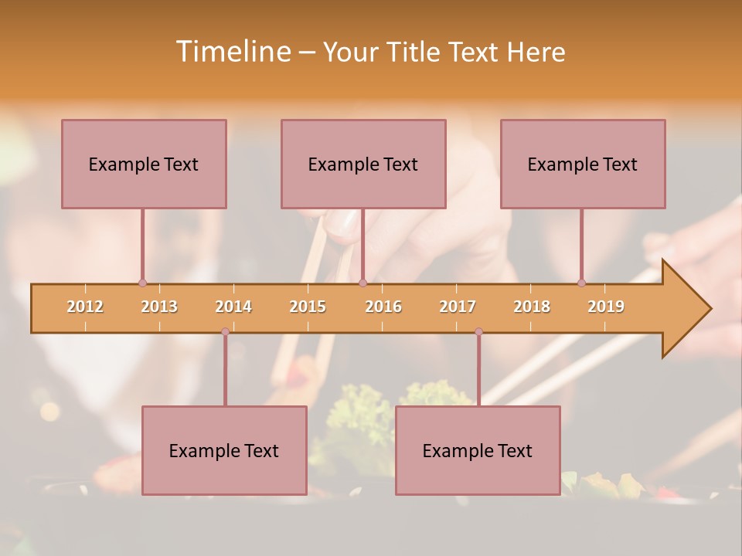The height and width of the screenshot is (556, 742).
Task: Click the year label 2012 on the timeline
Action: tap(85, 307)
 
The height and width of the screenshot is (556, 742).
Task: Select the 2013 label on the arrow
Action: tap(159, 307)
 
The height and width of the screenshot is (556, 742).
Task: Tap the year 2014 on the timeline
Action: tap(233, 307)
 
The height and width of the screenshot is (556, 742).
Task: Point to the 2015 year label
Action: tap(308, 307)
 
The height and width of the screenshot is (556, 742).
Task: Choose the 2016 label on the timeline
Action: tap(383, 307)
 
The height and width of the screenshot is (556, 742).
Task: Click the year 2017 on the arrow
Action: tap(458, 307)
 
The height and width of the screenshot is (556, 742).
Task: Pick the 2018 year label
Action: tap(532, 307)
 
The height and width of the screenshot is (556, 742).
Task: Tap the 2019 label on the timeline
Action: tap(606, 307)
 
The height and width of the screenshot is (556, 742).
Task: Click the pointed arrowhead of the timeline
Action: tap(688, 309)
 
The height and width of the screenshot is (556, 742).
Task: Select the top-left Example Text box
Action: tap(144, 164)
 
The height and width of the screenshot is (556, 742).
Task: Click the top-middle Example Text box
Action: tap(363, 164)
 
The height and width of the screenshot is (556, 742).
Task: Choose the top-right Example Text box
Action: tap(583, 164)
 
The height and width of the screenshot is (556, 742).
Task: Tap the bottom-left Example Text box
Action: tap(224, 450)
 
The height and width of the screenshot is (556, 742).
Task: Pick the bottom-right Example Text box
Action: tap(478, 450)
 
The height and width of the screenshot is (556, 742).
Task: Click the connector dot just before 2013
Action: tap(142, 283)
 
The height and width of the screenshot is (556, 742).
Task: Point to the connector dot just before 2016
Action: tap(362, 283)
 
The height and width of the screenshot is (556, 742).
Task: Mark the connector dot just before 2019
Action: tap(581, 283)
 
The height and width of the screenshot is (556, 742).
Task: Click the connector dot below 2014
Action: tap(225, 331)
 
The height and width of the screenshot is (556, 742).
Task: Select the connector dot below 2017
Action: tap(478, 331)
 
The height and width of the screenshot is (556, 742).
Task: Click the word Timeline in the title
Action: tap(232, 52)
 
